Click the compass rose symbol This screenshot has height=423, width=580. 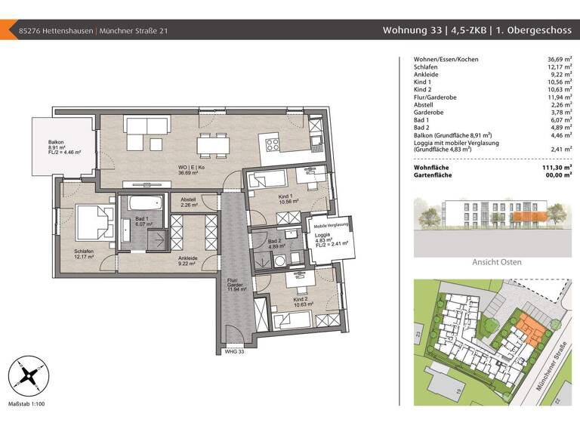[26, 375]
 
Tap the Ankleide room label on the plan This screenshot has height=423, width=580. [188, 258]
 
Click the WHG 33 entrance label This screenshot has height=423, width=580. [236, 351]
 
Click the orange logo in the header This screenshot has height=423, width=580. [6, 30]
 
